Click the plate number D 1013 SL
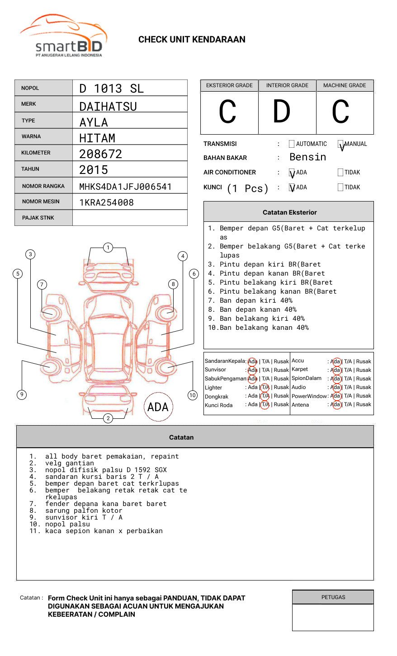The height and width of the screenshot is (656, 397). (111, 89)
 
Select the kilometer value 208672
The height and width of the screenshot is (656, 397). (100, 154)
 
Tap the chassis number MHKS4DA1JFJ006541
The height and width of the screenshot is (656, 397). (125, 187)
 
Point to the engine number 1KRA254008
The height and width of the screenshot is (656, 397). (106, 202)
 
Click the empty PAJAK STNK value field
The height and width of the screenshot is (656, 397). (130, 218)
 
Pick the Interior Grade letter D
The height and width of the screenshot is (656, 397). (281, 112)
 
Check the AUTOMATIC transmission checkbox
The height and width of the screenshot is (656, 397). (292, 144)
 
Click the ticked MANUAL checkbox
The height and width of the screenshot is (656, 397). (340, 145)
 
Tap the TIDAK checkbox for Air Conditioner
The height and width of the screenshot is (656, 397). (340, 173)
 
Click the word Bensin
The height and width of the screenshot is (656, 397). (307, 157)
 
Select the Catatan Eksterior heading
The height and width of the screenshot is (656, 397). (289, 212)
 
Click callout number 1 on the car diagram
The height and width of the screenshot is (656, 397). (108, 247)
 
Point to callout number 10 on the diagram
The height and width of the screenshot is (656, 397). (193, 395)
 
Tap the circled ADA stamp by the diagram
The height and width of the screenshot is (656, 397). (158, 407)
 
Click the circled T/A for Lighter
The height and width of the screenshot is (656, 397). (265, 387)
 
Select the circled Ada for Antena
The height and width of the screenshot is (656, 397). (336, 405)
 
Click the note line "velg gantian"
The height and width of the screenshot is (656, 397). (70, 463)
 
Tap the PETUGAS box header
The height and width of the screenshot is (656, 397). (333, 597)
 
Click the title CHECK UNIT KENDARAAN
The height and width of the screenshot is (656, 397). (192, 39)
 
